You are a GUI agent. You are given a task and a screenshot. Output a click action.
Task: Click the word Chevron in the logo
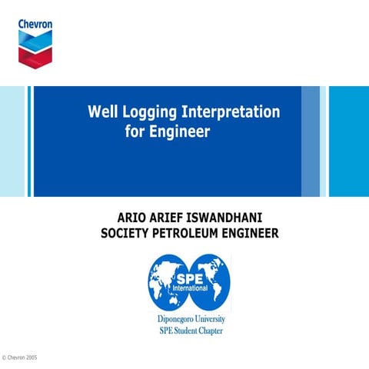35,24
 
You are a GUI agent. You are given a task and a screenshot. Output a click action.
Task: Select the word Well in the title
102,112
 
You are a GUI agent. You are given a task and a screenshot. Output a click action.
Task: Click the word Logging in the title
149,113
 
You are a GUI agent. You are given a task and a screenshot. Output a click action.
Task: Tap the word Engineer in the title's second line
179,131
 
